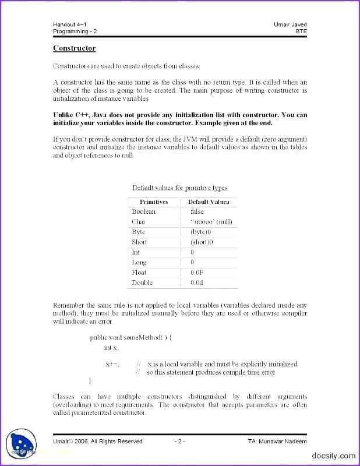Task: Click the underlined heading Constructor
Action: coord(74,48)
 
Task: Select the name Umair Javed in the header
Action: coord(290,24)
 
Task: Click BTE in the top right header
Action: coord(301,31)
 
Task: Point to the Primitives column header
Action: coord(154,202)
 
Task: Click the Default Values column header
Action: coord(209,202)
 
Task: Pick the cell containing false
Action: coord(197,211)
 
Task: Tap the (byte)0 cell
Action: coord(202,232)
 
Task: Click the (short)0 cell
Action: coord(202,242)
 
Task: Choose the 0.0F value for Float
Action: coord(197,272)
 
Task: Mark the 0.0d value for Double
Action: coord(197,283)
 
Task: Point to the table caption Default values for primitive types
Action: coord(179,188)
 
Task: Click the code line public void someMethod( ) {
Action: coord(130,337)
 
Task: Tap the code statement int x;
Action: coord(111,348)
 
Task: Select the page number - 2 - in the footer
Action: coord(179,441)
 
